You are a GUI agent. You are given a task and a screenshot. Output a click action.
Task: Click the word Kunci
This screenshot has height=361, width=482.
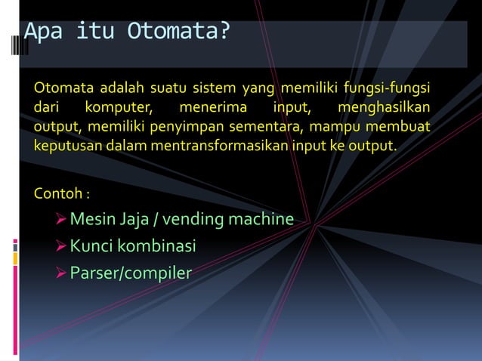[91, 246]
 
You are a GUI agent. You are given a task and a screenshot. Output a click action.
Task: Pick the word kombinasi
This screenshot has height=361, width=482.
[156, 246]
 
